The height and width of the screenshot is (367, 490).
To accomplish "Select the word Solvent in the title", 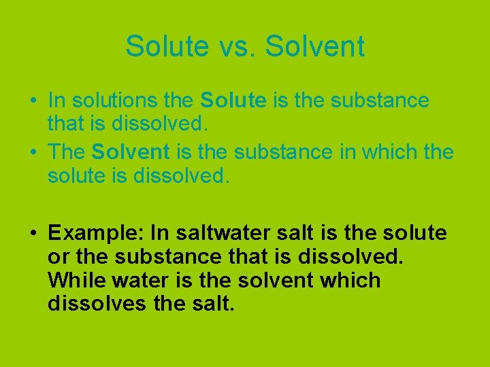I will (315, 47).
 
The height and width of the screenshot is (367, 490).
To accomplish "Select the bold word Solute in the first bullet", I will (233, 101).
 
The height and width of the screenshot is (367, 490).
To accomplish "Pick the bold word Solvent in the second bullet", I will (125, 152).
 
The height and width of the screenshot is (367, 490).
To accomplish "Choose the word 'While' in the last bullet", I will (76, 280).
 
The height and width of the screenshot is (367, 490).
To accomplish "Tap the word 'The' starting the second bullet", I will (66, 152).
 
